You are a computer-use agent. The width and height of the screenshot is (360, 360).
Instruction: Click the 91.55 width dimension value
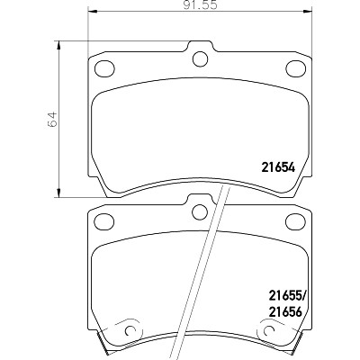point(200,5)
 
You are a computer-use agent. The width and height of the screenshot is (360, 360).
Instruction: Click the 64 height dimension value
point(52,120)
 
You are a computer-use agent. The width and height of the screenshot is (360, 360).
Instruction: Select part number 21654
point(279,167)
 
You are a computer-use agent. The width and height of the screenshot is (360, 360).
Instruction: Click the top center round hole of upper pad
point(200,58)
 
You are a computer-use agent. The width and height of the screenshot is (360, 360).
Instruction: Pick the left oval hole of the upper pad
point(104,68)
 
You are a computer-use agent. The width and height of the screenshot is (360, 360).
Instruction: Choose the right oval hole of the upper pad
point(296,68)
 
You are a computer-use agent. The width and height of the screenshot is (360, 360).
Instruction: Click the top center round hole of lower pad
point(200,211)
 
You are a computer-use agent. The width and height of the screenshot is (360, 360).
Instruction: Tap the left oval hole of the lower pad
point(104,221)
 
